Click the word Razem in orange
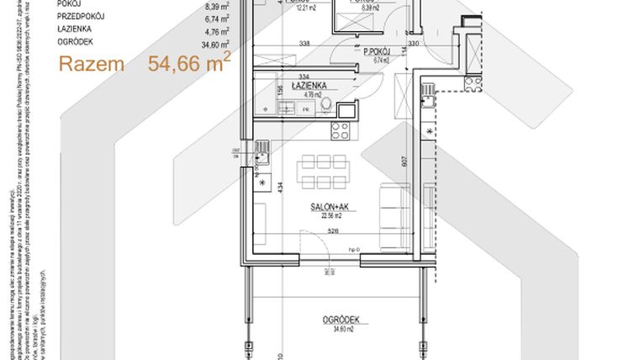point(92,64)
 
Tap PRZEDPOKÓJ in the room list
point(82,15)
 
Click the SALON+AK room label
point(323,204)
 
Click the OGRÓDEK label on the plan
point(341,320)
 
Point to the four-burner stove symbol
point(342,130)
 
